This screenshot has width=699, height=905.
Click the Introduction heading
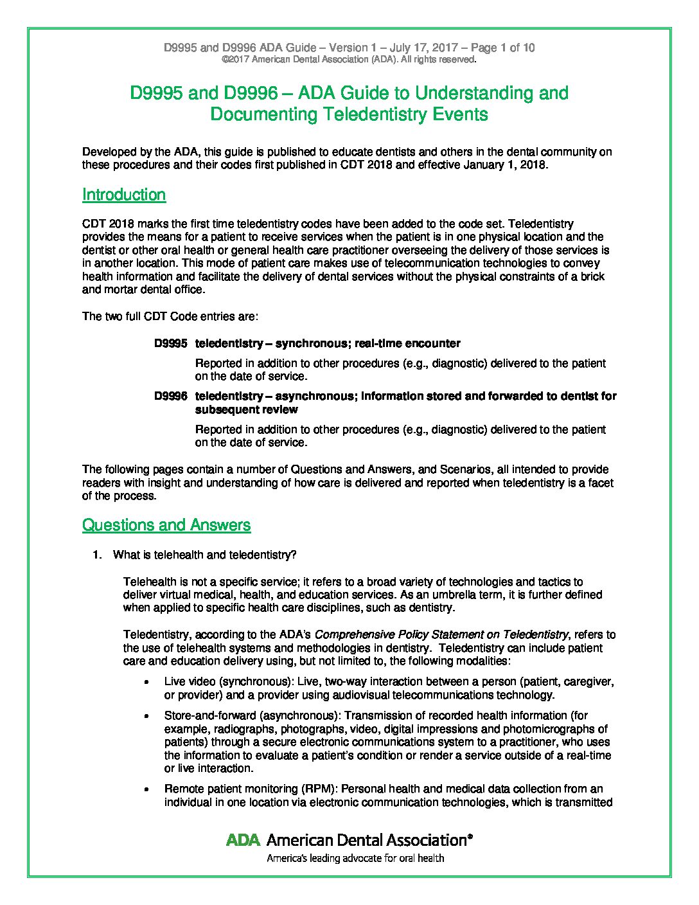click(124, 195)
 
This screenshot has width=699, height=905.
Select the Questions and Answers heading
click(166, 525)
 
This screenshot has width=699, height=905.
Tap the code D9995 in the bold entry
click(171, 343)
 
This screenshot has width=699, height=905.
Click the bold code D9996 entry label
click(171, 396)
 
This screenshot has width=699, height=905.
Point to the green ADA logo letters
click(243, 839)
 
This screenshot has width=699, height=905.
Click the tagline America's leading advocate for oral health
click(355, 858)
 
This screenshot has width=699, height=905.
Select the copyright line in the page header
click(349, 60)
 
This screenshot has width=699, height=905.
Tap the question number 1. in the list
click(97, 555)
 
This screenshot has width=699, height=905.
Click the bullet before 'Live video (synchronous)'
click(148, 681)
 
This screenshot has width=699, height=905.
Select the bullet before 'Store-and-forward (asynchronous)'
click(148, 715)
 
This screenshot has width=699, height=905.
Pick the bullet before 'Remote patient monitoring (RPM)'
click(148, 789)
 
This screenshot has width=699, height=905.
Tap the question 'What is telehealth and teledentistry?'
click(204, 555)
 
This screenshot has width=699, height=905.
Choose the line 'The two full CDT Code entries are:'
click(170, 316)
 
